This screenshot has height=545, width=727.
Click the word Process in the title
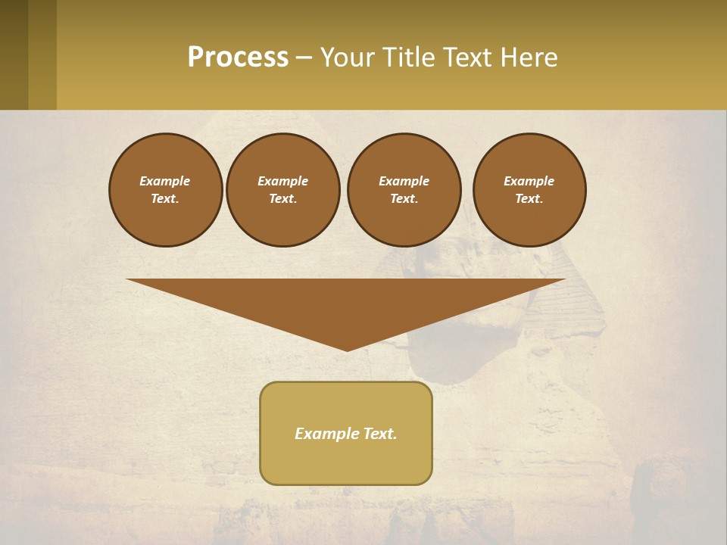coord(238,58)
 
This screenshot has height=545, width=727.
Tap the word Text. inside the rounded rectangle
coord(379,434)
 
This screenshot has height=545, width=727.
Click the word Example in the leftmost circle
coord(165,181)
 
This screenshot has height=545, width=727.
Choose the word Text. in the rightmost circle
coord(529,198)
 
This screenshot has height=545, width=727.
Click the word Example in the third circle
coord(404,181)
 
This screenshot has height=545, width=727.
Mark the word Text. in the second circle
coord(283,198)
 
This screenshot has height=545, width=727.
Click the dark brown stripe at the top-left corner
coord(14,54)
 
